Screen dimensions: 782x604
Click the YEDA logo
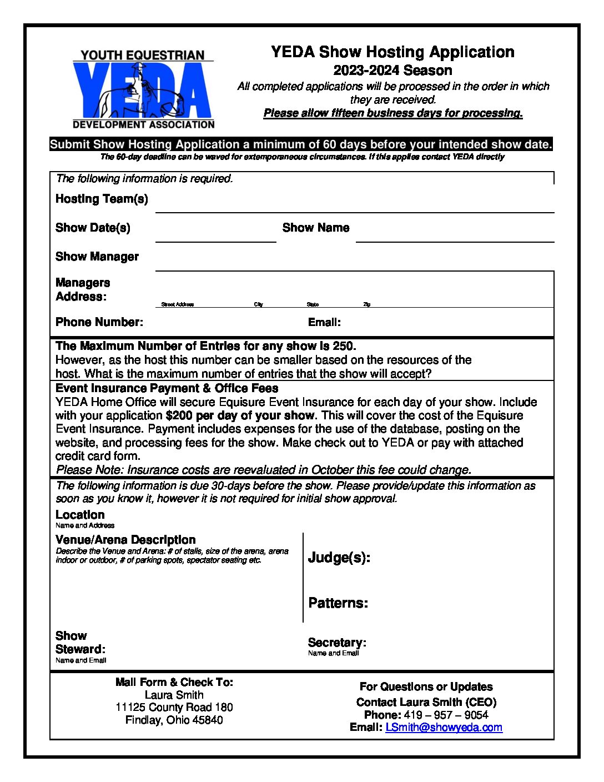point(143,89)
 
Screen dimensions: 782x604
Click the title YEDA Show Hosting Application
point(392,52)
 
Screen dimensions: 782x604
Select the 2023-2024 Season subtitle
point(392,71)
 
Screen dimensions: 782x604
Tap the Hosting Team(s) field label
point(102,199)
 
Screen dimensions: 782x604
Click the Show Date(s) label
point(93,228)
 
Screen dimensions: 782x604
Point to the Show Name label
point(315,228)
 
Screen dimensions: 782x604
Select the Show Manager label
point(97,257)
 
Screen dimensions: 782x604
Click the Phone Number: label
point(99,322)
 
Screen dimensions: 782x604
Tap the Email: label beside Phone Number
point(324,323)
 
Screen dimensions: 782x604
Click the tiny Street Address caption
point(177,304)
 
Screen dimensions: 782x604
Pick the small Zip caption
point(366,304)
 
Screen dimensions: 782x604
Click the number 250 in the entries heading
point(343,346)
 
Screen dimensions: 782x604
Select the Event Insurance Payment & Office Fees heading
point(167,388)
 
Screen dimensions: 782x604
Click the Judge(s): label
point(339,558)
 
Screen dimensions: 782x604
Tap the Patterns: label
point(338,603)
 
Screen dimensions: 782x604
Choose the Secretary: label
point(337,643)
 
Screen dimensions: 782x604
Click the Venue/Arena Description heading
point(125,540)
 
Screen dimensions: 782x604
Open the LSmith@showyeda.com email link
point(444,728)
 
